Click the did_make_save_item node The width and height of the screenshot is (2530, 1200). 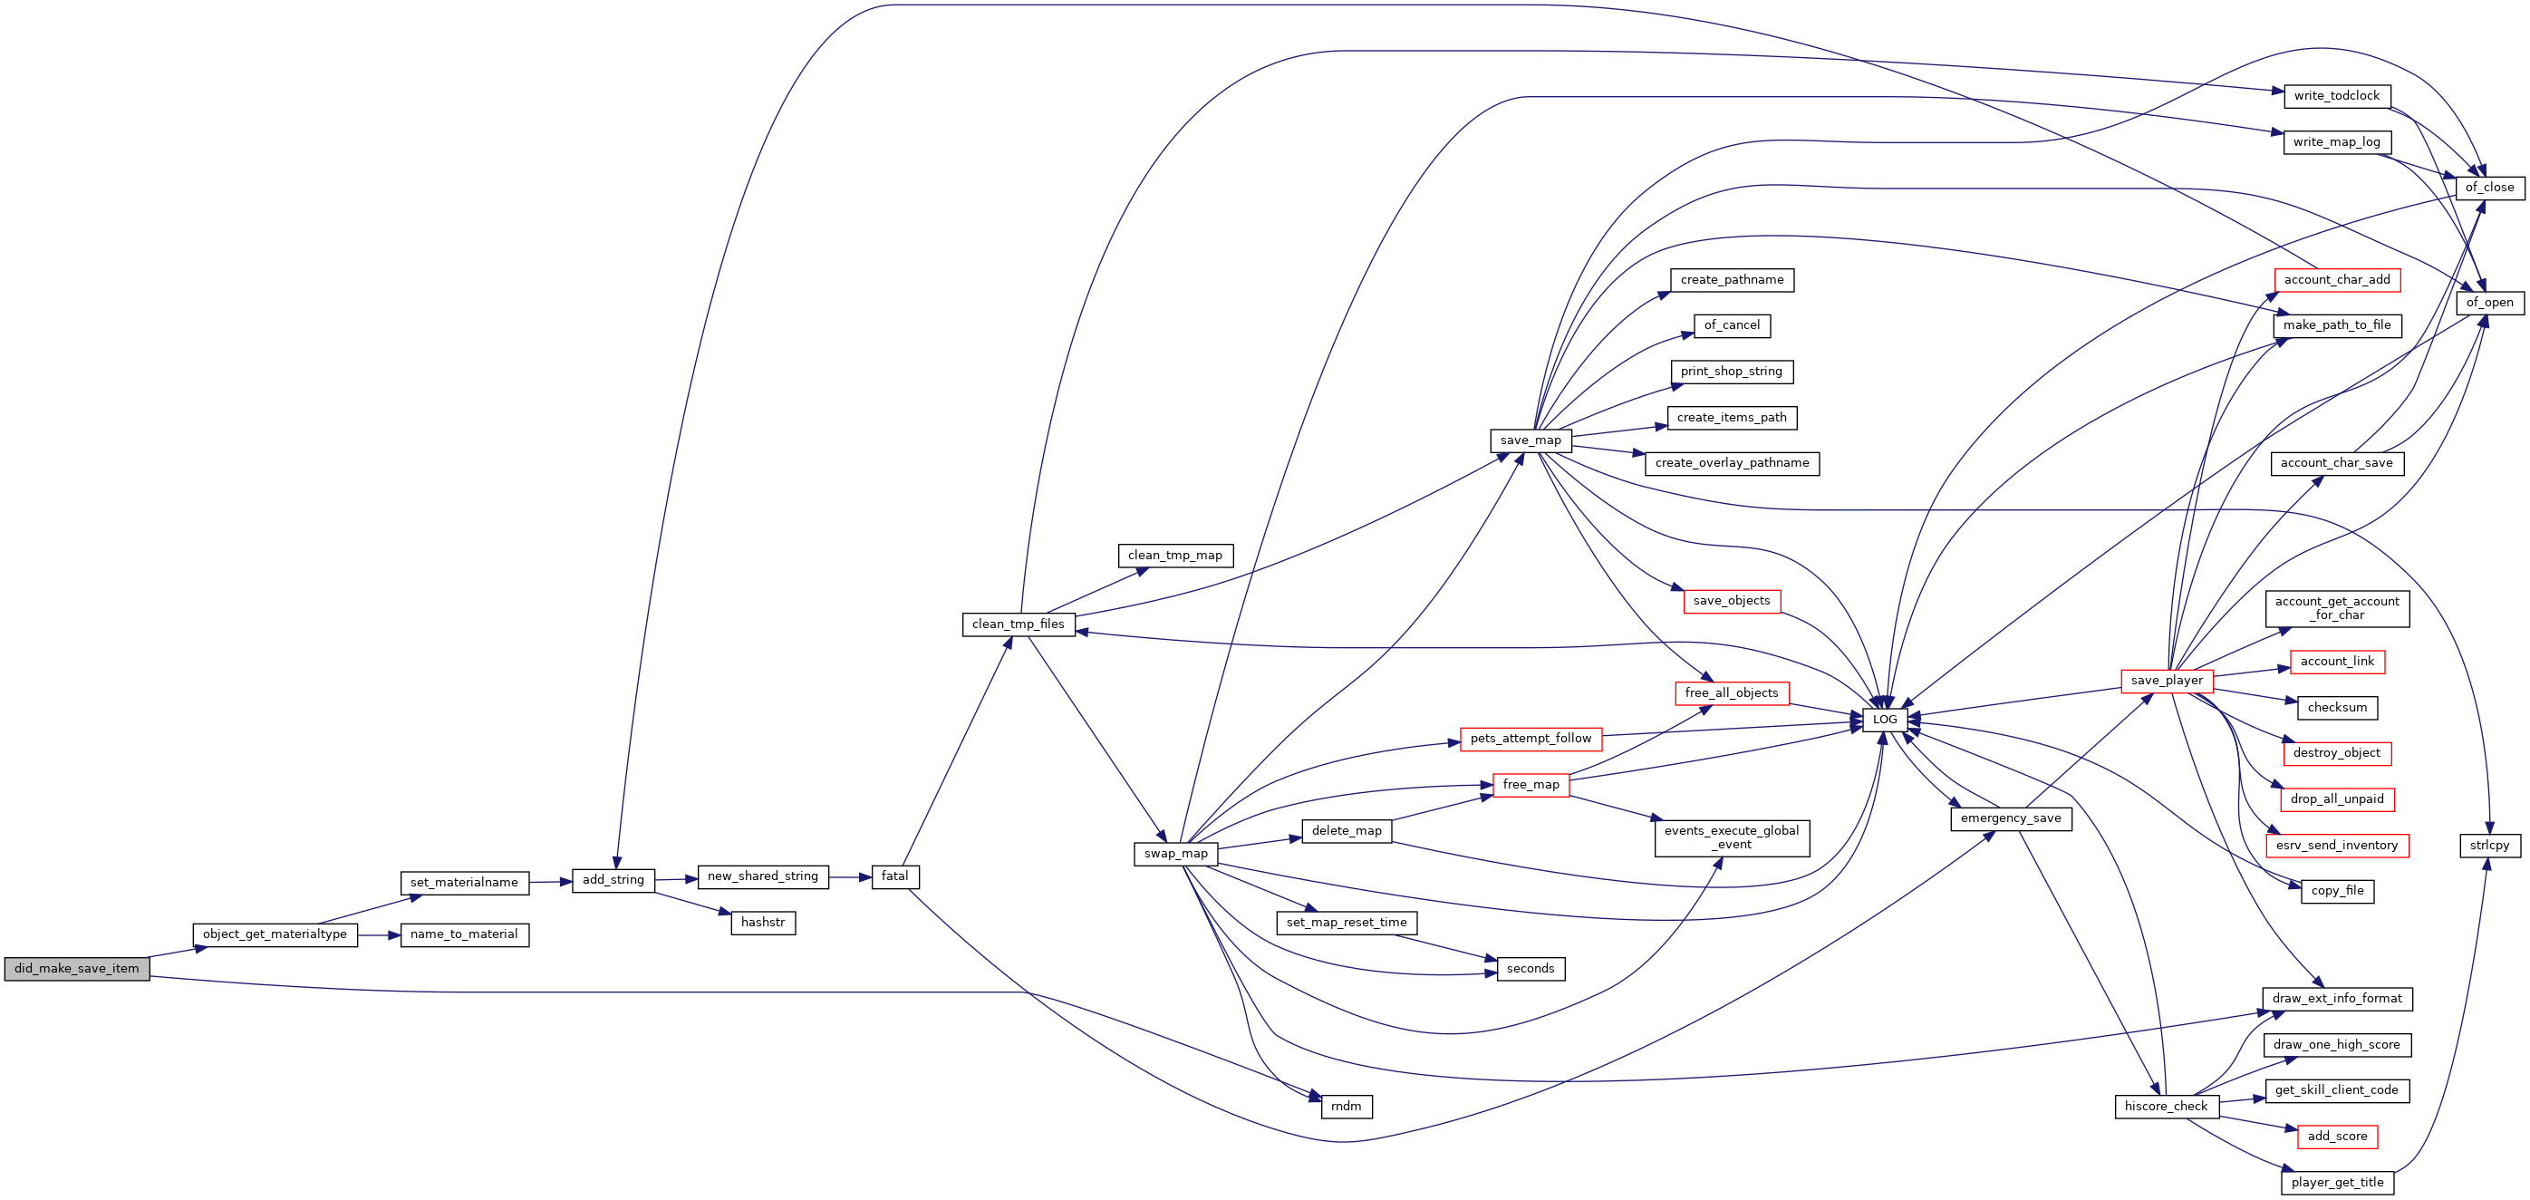77,968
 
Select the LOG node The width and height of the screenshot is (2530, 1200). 1885,720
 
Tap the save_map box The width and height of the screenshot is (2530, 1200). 1531,440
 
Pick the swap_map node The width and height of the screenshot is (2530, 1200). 1175,855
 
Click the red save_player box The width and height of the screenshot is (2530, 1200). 2167,681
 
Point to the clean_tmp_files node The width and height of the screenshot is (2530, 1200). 1019,624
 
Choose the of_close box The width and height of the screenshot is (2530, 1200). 2490,188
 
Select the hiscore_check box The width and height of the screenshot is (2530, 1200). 2166,1107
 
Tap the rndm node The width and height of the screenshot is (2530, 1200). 1347,1107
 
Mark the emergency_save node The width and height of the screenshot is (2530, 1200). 2011,819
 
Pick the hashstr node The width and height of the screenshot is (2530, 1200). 763,923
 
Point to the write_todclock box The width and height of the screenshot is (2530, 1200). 2336,96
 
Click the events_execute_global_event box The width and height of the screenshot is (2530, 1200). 1732,838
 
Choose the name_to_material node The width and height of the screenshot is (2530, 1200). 465,934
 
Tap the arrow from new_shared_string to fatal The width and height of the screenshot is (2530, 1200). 851,877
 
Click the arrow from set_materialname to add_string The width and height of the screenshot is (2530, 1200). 551,882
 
